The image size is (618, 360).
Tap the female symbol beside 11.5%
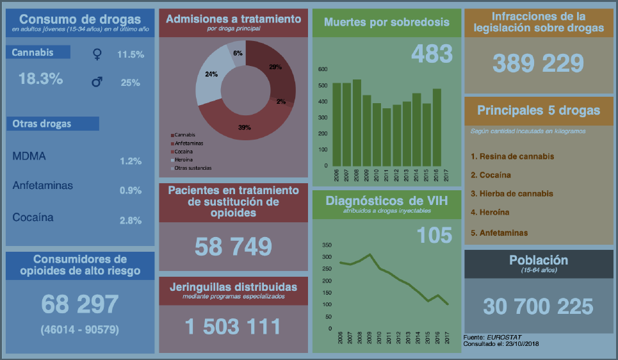coord(96,55)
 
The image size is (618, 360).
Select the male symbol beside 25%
coord(97,82)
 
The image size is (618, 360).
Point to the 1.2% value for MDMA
coord(131,161)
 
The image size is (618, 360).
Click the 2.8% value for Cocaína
coord(131,220)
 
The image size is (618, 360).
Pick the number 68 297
coord(80,304)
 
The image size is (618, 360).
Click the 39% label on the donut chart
coord(244,127)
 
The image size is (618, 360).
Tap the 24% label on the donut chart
coord(211,74)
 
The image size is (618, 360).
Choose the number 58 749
coord(233,247)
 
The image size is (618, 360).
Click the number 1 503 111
coord(233,327)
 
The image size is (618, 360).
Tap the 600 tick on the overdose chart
coord(323,69)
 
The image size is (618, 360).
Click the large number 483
coord(432,54)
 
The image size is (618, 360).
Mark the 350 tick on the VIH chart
coord(327,245)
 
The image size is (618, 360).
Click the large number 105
coord(434,236)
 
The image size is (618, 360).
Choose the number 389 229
coord(538,63)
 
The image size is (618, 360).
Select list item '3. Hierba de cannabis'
coord(512,193)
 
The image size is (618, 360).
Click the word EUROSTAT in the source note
coord(500,337)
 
